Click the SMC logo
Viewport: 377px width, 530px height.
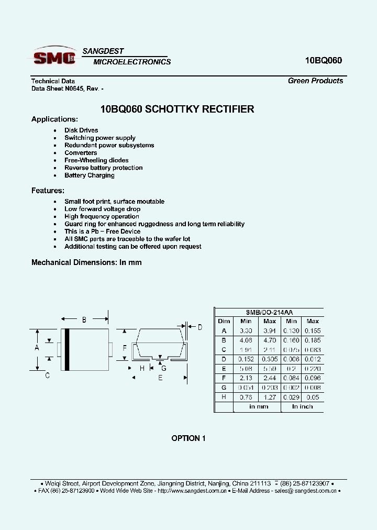point(54,57)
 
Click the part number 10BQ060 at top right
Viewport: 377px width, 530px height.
point(323,60)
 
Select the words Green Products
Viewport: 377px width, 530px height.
point(315,81)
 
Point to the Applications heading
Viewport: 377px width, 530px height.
point(54,119)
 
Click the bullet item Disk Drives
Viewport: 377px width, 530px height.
point(81,130)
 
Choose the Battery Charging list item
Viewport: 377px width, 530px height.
point(89,175)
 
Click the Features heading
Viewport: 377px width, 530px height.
point(48,191)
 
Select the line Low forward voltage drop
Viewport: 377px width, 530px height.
point(102,209)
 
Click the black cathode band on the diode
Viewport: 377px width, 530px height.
point(66,349)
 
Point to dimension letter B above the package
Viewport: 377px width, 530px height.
point(84,319)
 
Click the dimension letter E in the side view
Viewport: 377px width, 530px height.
point(160,377)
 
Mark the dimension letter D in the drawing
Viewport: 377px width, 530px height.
point(199,328)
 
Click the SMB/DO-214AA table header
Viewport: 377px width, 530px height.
point(269,312)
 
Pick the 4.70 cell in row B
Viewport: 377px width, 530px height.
point(269,340)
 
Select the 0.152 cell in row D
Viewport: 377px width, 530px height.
point(246,359)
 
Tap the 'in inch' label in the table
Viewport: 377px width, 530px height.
point(302,407)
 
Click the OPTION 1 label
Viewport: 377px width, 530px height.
point(188,438)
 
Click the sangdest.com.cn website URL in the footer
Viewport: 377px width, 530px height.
point(192,491)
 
